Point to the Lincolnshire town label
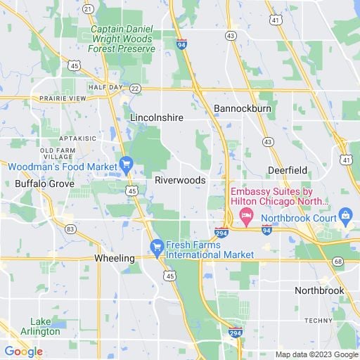coord(157,117)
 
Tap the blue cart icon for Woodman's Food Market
coord(126,165)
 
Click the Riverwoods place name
coord(181,180)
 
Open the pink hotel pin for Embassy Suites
coord(245,214)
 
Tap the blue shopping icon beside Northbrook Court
coord(345,214)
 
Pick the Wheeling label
coord(115,258)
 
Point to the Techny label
coord(319,320)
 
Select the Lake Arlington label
coord(40,326)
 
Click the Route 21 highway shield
coord(87,8)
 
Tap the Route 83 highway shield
coord(70,229)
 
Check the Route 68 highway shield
coord(339,262)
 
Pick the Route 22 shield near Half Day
coord(134,88)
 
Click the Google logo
coord(23,352)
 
